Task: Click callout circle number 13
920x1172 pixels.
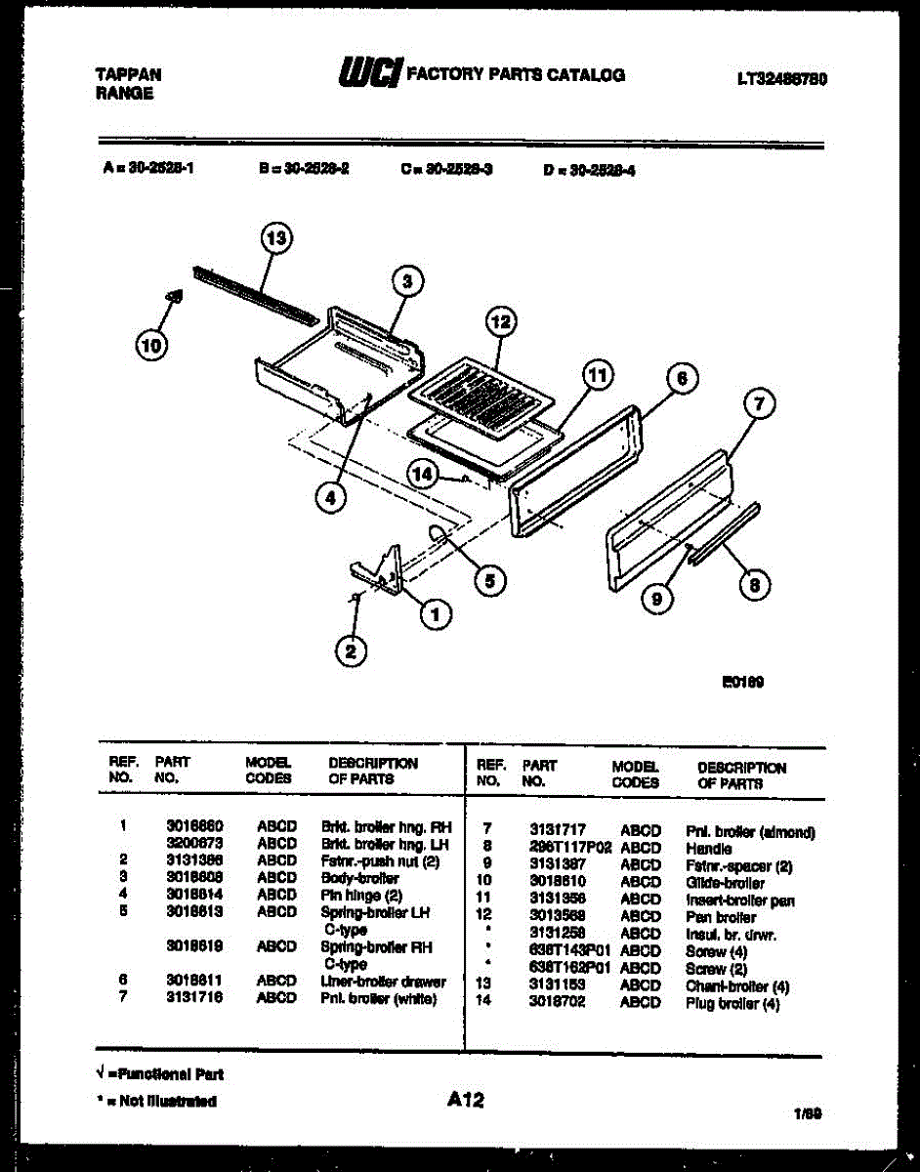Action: (276, 237)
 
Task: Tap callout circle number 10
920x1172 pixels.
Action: (151, 344)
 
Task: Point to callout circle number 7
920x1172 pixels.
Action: (759, 402)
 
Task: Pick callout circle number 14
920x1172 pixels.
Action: (422, 474)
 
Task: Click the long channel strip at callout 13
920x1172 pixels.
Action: (254, 292)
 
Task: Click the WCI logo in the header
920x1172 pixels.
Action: (369, 74)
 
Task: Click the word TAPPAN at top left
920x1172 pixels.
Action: (128, 74)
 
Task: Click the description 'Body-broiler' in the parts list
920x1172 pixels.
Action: (359, 878)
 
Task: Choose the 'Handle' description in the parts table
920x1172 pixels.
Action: (708, 849)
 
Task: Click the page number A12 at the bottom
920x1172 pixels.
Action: (466, 1101)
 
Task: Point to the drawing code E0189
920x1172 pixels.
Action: (742, 683)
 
